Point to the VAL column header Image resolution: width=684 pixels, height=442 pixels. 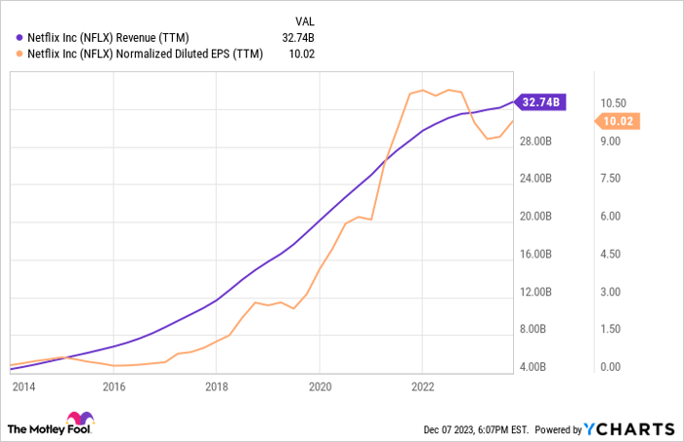[x=306, y=20]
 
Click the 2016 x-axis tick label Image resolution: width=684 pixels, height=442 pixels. [x=114, y=386]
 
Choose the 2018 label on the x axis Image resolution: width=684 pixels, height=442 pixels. [x=216, y=386]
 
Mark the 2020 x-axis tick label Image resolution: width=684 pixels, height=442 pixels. [x=320, y=386]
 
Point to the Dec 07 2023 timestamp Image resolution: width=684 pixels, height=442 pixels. [x=474, y=428]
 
